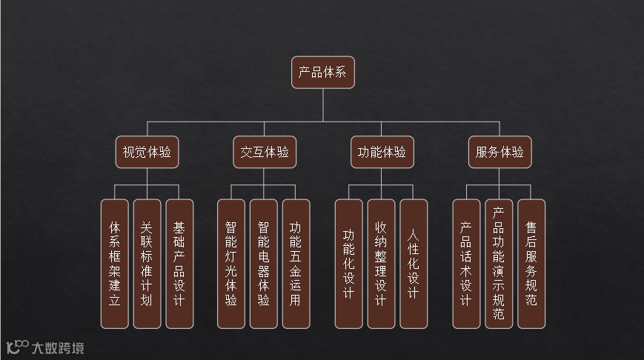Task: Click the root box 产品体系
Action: (x=322, y=73)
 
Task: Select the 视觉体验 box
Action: (x=147, y=153)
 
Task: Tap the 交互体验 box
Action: (x=265, y=153)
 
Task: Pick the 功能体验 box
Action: (x=382, y=153)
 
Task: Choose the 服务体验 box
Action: (x=499, y=153)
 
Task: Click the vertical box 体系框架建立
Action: (x=114, y=263)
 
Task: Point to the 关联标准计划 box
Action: (x=147, y=263)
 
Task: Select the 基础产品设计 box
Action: (x=179, y=263)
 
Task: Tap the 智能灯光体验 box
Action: (x=231, y=263)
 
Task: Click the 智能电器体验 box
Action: (x=264, y=263)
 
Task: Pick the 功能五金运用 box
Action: (x=296, y=263)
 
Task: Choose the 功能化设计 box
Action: (x=349, y=263)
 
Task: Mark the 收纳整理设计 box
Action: (x=382, y=263)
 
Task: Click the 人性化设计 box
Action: (x=414, y=263)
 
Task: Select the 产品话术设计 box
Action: (x=466, y=263)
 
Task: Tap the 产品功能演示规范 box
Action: (x=499, y=263)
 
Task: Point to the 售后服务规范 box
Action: (x=531, y=263)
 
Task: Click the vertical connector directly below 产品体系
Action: (x=322, y=104)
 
